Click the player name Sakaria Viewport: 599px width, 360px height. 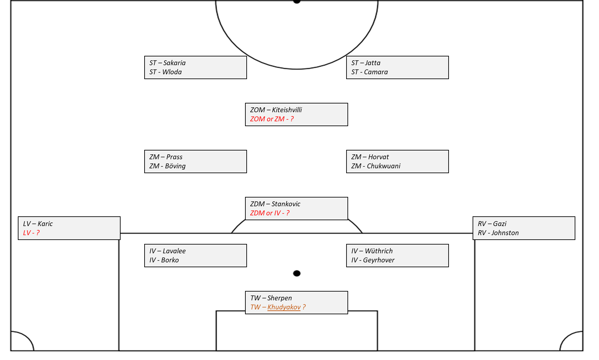tap(174, 63)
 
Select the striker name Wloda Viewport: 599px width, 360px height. tap(172, 72)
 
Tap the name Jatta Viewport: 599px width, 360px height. tap(373, 63)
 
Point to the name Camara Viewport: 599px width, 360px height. tap(376, 72)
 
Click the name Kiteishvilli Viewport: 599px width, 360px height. tap(287, 110)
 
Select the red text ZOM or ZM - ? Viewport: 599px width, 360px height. tap(272, 119)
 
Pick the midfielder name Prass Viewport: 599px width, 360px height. tap(174, 157)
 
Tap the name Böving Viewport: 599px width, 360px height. tap(175, 166)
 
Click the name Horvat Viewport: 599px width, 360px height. tap(378, 157)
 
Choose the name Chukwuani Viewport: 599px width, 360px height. tap(383, 166)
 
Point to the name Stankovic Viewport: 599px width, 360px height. tap(286, 204)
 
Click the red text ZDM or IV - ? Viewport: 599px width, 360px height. tap(270, 213)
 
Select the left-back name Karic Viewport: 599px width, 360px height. tap(45, 224)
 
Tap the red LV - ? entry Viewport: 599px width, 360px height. tap(31, 233)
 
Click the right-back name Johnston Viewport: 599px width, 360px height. tap(505, 233)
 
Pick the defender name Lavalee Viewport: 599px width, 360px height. tap(174, 251)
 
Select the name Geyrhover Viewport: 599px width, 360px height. tap(379, 260)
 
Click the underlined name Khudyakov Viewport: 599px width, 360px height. tap(284, 307)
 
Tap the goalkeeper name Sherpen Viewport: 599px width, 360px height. tap(279, 298)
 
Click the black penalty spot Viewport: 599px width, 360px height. tap(297, 273)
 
